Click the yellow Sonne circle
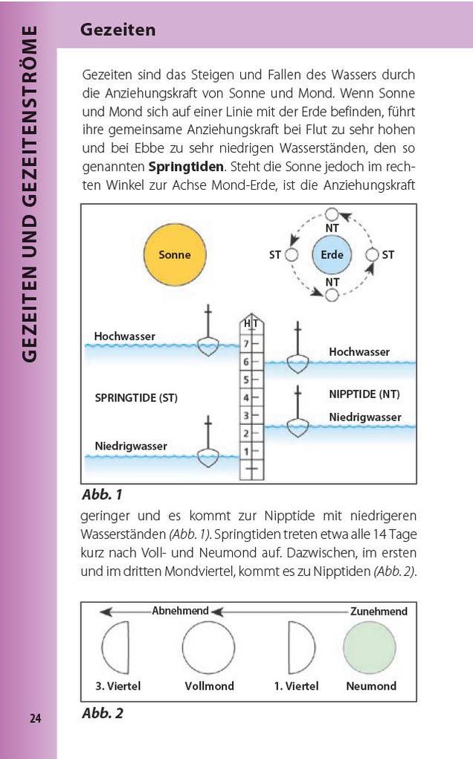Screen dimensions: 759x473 pos(175,254)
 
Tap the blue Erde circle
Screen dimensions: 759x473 pos(332,254)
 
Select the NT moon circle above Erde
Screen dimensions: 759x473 pos(332,214)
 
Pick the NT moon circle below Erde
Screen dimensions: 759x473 pos(332,295)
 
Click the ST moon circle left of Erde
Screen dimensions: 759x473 pos(292,254)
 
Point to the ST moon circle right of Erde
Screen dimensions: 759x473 pos(373,254)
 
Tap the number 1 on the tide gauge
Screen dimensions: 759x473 pos(246,450)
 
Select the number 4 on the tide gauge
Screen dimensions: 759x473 pos(246,397)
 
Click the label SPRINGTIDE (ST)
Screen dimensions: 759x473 pos(136,397)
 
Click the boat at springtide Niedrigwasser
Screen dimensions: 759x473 pos(208,454)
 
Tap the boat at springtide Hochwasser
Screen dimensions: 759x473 pos(208,344)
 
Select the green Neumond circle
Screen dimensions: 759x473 pos(370,647)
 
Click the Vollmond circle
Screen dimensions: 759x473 pos(209,647)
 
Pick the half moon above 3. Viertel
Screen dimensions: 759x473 pos(117,647)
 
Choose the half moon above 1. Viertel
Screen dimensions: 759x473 pos(300,647)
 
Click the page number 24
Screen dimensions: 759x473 pos(36,718)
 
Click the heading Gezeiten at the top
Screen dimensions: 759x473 pos(118,31)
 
